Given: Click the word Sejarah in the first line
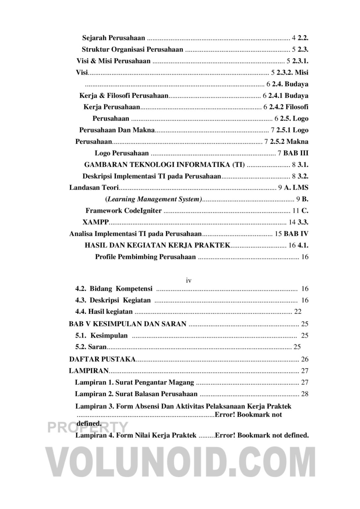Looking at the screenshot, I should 94,38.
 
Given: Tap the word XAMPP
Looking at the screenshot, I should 95,222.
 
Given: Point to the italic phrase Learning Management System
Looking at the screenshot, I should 154,199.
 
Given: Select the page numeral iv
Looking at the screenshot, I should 189,280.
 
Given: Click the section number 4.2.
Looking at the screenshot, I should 81,289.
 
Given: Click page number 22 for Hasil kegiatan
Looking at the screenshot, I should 297,312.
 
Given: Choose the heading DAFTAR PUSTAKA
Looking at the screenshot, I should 102,359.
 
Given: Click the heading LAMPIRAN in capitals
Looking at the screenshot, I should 89,371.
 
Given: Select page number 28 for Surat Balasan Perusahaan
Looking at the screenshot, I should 304,394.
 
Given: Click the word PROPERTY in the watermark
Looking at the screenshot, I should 87,427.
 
